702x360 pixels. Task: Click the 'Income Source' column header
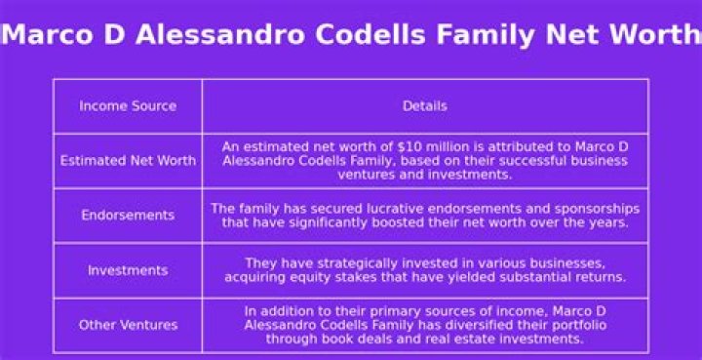[128, 105]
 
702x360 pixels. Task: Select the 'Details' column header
[424, 105]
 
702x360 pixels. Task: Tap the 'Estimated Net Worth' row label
[128, 160]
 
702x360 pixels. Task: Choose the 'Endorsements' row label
[128, 215]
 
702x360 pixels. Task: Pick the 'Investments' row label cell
[128, 270]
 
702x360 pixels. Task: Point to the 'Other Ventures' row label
[128, 325]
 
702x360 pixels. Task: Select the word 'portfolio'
[578, 325]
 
